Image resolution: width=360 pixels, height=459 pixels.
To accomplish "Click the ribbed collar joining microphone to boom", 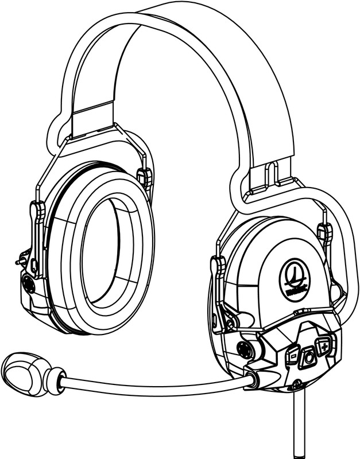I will coord(52,379).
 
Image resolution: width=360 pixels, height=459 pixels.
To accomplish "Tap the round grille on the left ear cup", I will coord(28,282).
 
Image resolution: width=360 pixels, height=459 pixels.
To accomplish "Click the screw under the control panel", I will coord(296,385).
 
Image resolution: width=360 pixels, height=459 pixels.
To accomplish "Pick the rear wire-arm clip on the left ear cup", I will coord(145,177).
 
